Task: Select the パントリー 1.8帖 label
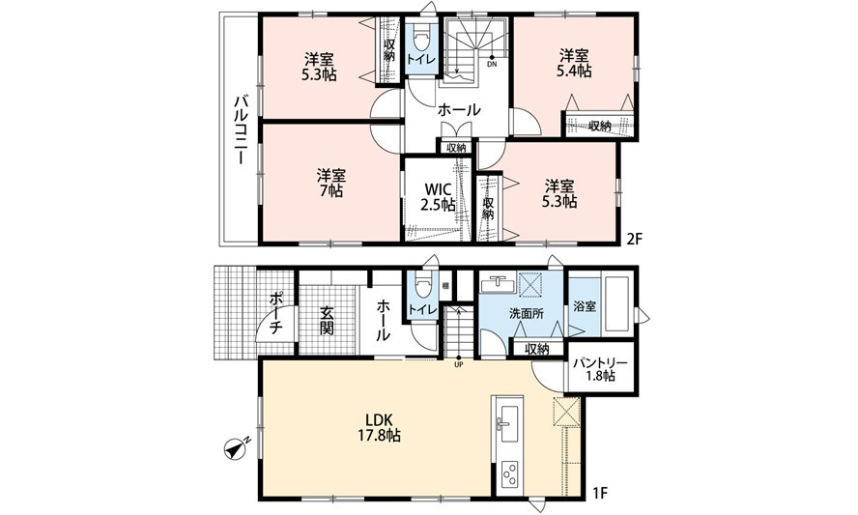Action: (x=600, y=369)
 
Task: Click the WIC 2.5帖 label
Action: (x=438, y=197)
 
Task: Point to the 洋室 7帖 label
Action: (x=331, y=184)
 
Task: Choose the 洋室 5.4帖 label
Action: (x=574, y=63)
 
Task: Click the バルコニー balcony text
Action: (x=239, y=130)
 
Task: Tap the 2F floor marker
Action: (x=634, y=240)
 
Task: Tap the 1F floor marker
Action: (x=600, y=493)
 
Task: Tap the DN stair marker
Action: (x=492, y=61)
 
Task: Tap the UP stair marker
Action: (x=459, y=362)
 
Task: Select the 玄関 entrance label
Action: (x=327, y=321)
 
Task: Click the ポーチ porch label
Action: (x=275, y=314)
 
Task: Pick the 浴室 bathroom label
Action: (x=585, y=306)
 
